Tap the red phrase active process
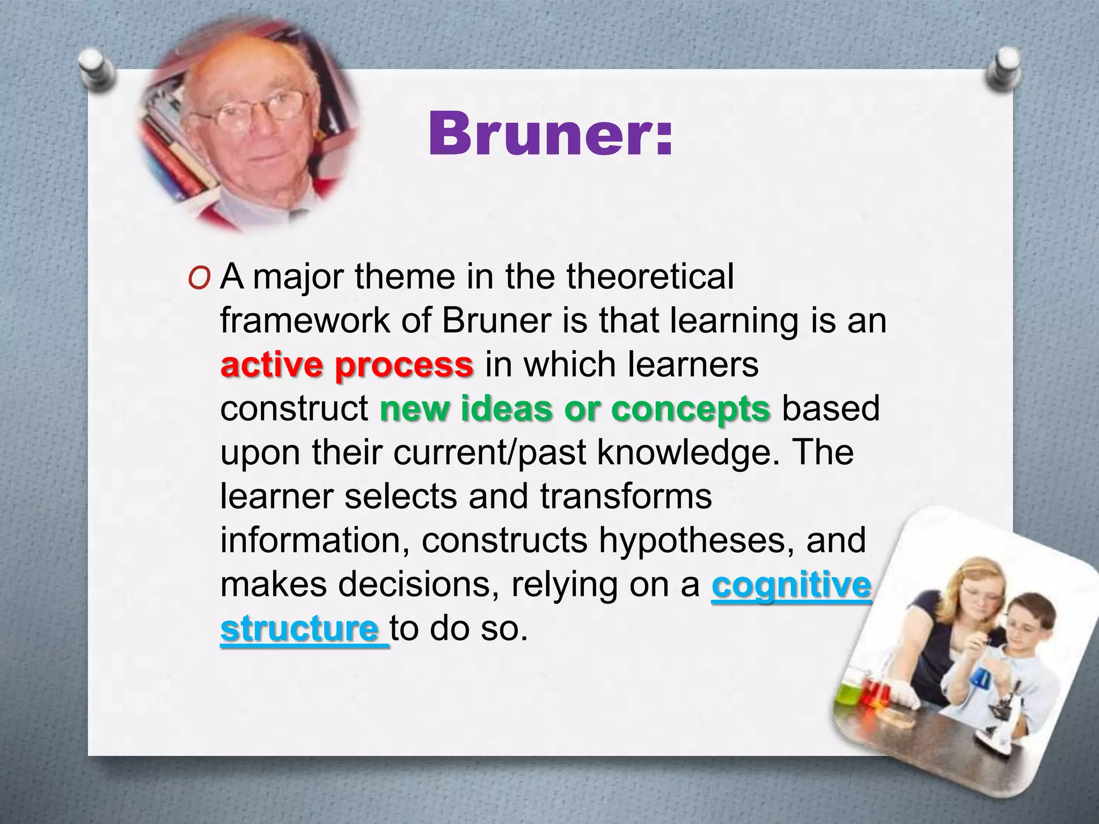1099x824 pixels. [347, 365]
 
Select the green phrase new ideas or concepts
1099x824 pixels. [575, 409]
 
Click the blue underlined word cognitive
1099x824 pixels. [791, 585]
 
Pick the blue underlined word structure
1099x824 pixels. [299, 629]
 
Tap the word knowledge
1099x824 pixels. [687, 453]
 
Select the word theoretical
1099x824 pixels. [650, 277]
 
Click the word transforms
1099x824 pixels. [626, 497]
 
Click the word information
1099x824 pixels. [311, 541]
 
